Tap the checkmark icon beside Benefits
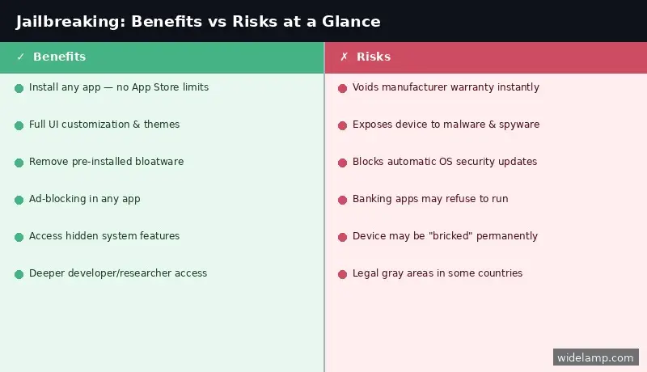click(x=20, y=57)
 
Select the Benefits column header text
click(x=59, y=57)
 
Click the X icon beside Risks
click(x=344, y=57)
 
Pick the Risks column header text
click(x=374, y=57)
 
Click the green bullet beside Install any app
click(x=19, y=88)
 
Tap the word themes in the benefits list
click(x=162, y=125)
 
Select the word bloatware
click(x=156, y=162)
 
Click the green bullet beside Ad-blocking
click(x=19, y=200)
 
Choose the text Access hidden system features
click(x=104, y=236)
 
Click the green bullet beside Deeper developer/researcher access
click(x=19, y=274)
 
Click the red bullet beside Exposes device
click(x=342, y=125)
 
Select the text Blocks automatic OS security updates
click(x=444, y=162)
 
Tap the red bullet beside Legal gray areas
click(x=342, y=274)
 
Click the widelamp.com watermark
click(x=596, y=357)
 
